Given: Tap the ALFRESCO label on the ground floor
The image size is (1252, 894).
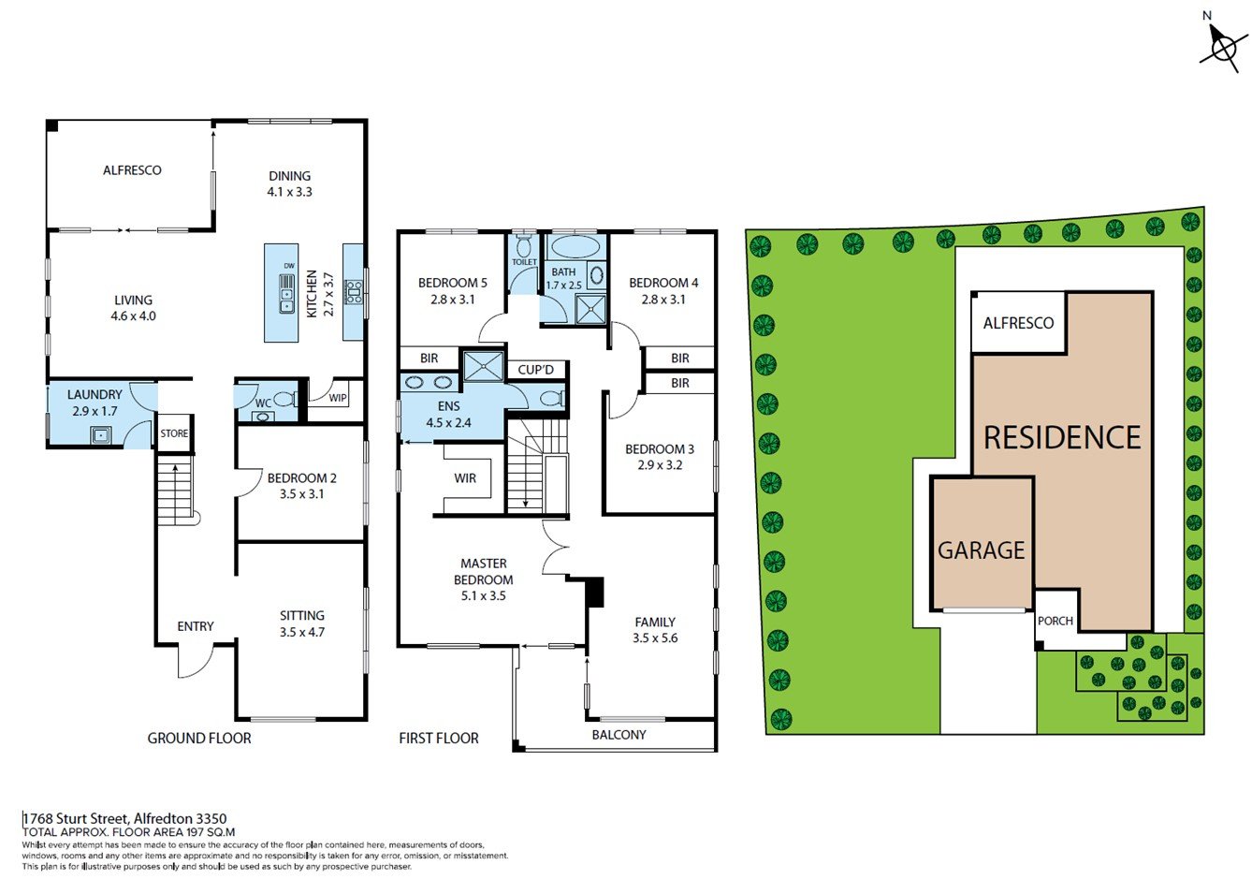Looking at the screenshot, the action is (132, 170).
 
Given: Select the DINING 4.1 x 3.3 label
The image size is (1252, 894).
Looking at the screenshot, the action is (289, 183).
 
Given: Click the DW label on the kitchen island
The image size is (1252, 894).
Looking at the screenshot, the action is (289, 266).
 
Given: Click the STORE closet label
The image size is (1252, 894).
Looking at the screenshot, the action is (174, 433).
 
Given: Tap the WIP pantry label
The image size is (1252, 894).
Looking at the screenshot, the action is (338, 398).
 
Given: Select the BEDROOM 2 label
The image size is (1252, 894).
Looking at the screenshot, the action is (302, 478).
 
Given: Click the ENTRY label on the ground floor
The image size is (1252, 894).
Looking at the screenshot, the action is (196, 626).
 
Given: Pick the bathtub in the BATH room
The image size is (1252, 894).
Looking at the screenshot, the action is (575, 247).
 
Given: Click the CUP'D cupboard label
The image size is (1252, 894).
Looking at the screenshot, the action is (535, 370).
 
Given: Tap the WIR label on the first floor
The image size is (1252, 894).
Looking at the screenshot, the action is (465, 478).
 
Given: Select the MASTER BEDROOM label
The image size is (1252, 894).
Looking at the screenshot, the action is (484, 571).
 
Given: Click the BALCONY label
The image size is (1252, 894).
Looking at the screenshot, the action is (619, 735).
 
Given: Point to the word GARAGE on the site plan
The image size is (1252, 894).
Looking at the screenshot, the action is (981, 550).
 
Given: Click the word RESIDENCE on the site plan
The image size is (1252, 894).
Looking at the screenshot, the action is (1062, 437).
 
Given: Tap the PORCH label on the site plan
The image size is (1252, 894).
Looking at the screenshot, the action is (1055, 621).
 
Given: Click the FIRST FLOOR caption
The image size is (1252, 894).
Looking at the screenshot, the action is (439, 739).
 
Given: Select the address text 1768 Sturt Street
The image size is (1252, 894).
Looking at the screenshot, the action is (76, 819).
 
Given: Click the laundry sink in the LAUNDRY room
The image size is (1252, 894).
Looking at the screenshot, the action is (101, 434).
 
